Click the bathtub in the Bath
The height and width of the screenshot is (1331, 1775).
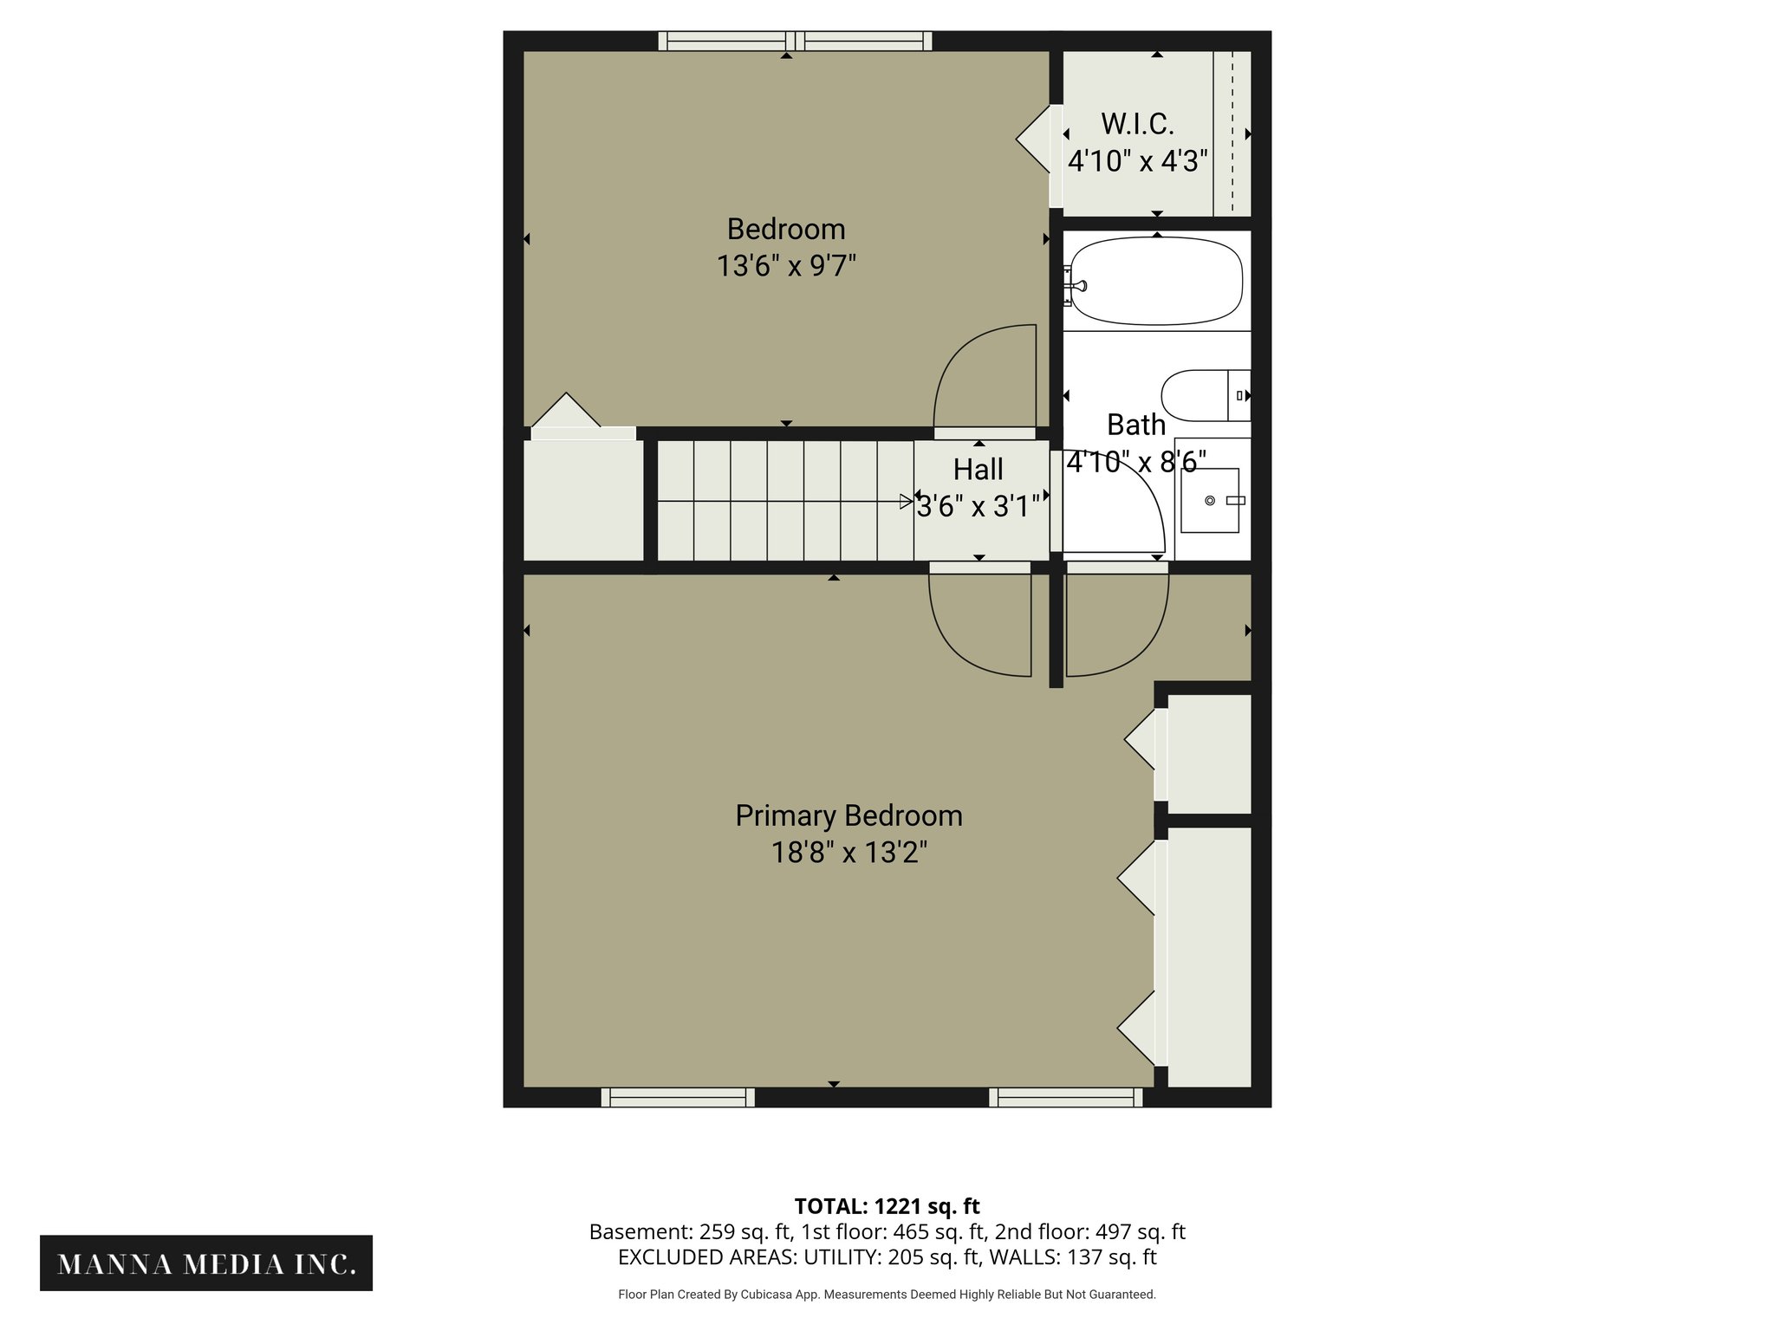[x=1156, y=282]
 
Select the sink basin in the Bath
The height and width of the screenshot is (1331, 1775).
[x=1209, y=501]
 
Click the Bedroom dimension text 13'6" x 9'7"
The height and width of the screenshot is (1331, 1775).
[x=785, y=265]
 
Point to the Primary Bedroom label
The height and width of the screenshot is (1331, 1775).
[x=848, y=815]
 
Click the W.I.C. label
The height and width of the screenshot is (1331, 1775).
[x=1137, y=125]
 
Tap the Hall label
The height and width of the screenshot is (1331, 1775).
[x=978, y=470]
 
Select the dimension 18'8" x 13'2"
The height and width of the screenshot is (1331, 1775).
[x=848, y=853]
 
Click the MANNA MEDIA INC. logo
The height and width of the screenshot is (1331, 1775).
[x=206, y=1263]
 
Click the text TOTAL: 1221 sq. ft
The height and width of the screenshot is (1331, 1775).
[x=887, y=1206]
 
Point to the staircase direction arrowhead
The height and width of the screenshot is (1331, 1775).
[x=907, y=501]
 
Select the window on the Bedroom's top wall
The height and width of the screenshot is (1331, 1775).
[x=795, y=41]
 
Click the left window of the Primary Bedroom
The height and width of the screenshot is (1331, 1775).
[x=678, y=1098]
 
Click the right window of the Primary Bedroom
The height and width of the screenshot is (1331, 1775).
[x=1065, y=1098]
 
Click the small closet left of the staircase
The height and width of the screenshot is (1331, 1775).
[x=582, y=501]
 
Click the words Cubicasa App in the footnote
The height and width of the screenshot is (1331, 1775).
[x=779, y=1295]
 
